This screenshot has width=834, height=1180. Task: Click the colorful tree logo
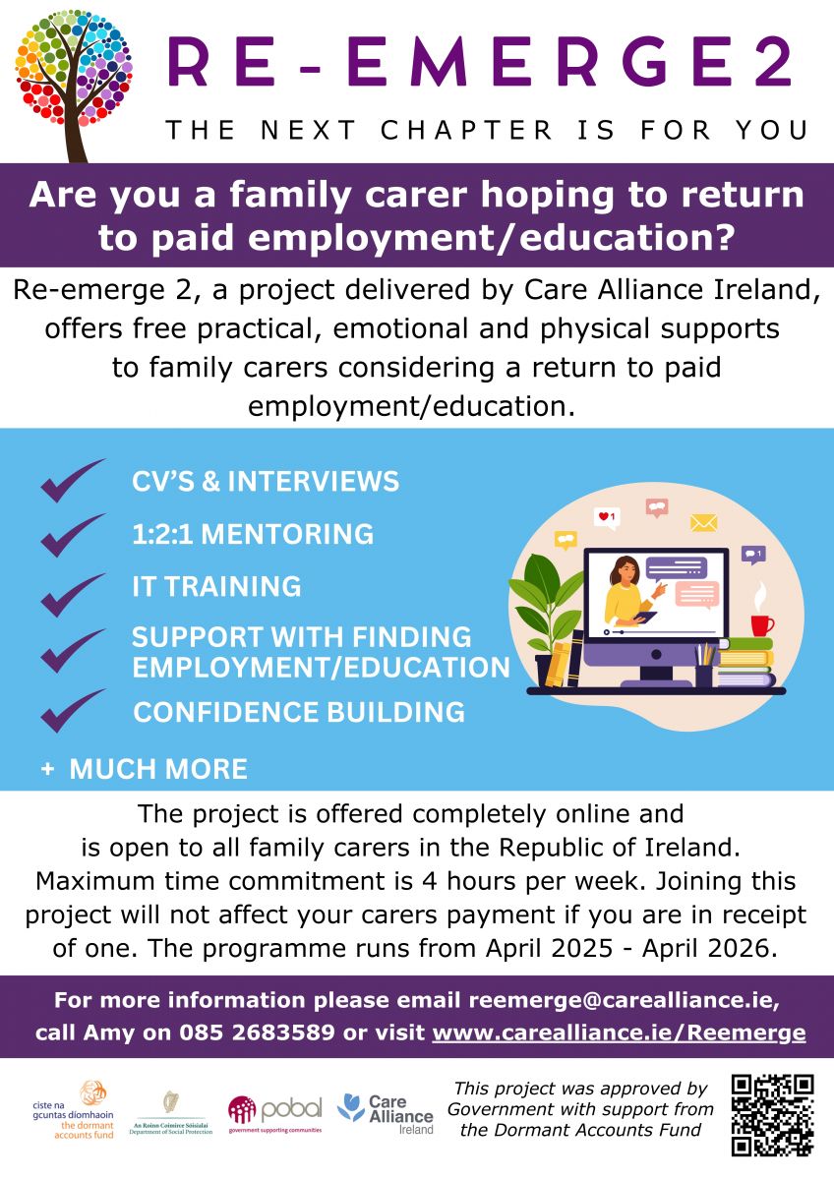pos(73,85)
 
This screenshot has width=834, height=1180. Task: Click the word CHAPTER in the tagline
pos(466,130)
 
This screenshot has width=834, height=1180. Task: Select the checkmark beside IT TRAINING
pos(73,594)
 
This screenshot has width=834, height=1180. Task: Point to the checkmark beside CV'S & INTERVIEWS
pos(73,480)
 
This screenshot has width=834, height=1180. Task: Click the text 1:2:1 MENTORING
pos(253,534)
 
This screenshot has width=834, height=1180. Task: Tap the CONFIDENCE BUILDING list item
pos(299,712)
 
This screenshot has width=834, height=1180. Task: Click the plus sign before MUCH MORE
pos(47,769)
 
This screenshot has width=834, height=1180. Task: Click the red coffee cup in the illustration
pos(761,625)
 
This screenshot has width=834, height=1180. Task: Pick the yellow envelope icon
pos(703,523)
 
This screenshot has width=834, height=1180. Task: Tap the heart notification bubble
pos(607,518)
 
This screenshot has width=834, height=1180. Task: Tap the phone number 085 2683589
pos(257,1032)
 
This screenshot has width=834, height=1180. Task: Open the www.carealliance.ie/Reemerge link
pos(619,1032)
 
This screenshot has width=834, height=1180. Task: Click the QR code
pos(773,1115)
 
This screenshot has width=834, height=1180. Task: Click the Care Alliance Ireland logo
pos(386,1113)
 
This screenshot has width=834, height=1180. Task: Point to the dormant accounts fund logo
pos(73,1110)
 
